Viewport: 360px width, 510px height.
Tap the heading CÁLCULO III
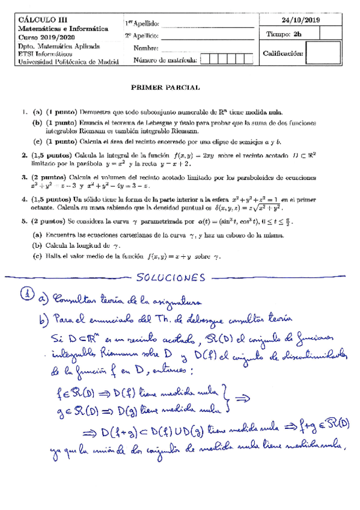tap(39, 20)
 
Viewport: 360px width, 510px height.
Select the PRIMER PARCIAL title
tap(165, 87)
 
